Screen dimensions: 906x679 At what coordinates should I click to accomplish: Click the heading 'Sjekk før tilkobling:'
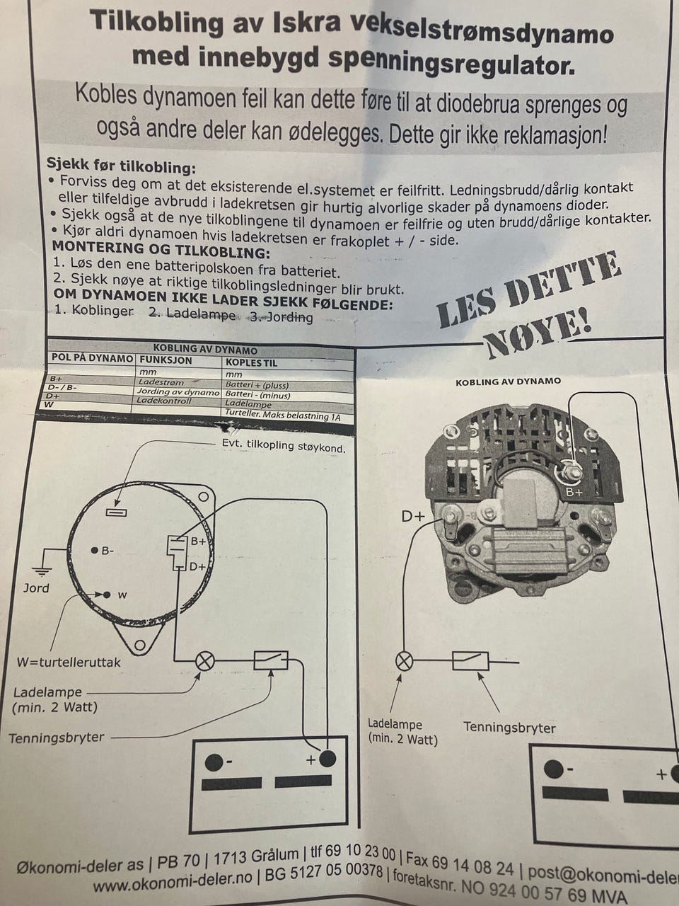point(120,167)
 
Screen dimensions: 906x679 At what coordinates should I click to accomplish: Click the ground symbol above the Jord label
point(43,569)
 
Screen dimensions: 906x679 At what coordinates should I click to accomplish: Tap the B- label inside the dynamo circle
point(106,551)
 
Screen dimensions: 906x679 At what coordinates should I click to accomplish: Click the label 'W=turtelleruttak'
point(69,663)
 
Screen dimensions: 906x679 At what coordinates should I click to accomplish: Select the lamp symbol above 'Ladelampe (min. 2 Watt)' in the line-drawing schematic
point(205,662)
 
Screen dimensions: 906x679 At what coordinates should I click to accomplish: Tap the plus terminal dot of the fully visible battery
point(327,759)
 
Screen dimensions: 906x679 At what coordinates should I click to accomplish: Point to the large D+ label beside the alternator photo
point(414,516)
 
